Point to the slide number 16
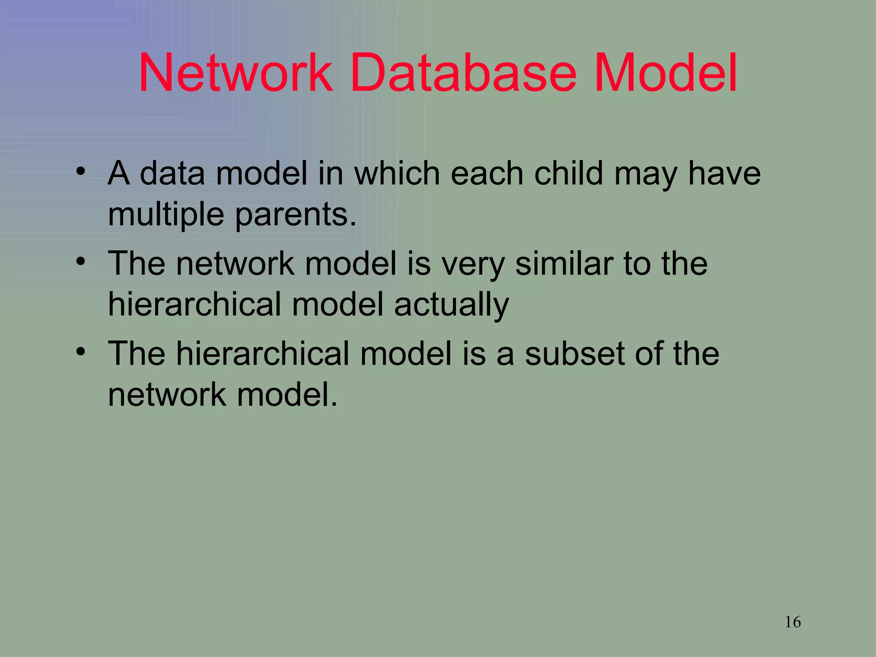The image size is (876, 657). click(793, 622)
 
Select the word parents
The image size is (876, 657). click(296, 215)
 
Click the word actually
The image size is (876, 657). click(451, 305)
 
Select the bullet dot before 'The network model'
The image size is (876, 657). click(81, 261)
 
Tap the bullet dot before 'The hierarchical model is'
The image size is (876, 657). click(81, 352)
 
